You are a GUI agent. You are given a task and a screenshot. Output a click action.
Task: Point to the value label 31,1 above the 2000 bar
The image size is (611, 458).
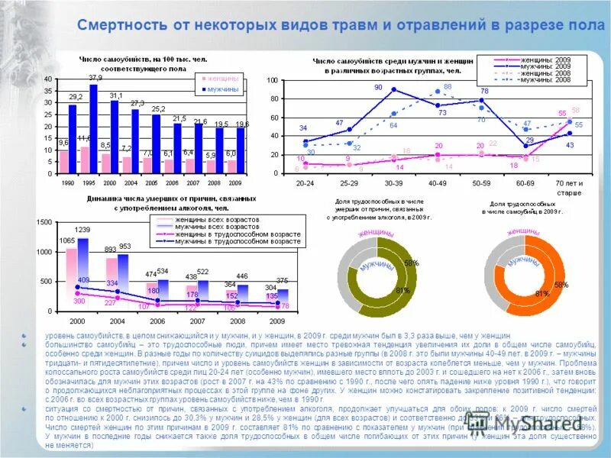click(116, 95)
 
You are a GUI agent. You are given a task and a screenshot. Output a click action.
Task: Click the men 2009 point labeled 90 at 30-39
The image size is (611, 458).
click(394, 89)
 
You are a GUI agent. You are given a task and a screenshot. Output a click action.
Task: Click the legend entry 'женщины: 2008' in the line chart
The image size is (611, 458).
click(532, 73)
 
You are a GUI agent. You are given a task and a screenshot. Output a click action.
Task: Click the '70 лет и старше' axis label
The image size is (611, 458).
click(568, 188)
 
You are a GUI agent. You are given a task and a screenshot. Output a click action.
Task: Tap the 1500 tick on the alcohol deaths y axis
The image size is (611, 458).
click(43, 221)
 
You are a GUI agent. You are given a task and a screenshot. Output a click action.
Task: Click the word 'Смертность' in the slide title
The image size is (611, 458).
click(122, 25)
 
